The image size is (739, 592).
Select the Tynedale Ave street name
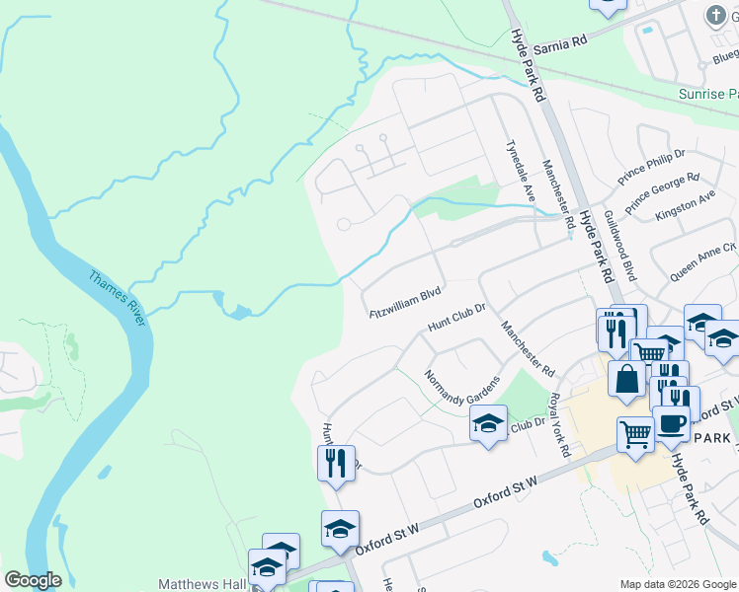point(520,171)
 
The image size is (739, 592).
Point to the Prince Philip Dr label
point(651,168)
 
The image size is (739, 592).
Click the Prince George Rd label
point(662,191)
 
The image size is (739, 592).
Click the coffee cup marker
point(671,424)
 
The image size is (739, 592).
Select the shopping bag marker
point(626,378)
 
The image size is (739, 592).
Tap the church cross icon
point(716,15)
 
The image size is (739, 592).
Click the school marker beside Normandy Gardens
point(487,423)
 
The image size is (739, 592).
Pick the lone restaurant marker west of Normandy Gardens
point(336,462)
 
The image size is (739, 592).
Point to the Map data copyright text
point(679,585)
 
